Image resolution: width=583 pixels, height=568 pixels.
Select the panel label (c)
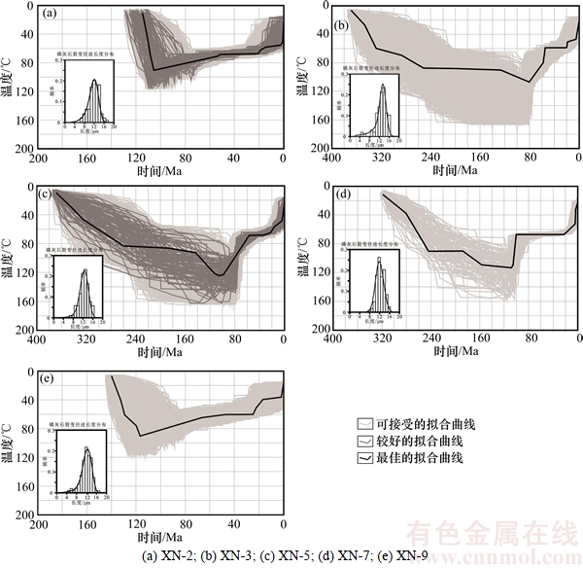coord(46,195)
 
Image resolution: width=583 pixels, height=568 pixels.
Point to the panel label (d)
coord(340,195)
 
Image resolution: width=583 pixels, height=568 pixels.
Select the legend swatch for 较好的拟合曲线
coord(364,441)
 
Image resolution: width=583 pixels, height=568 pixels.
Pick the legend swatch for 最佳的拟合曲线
coord(364,457)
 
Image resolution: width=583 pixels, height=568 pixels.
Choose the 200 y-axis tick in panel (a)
coord(26,149)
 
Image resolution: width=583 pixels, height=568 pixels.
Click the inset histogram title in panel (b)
coord(379,70)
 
